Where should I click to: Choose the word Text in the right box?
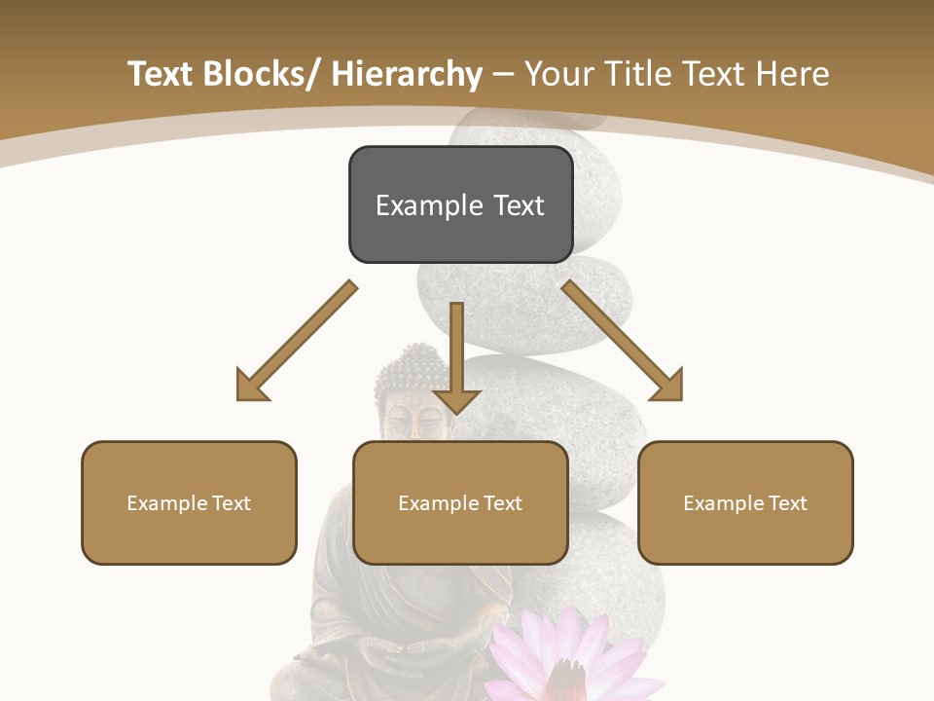coord(787,503)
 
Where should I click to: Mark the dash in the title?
coord(503,75)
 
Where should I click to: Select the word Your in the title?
coord(560,75)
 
